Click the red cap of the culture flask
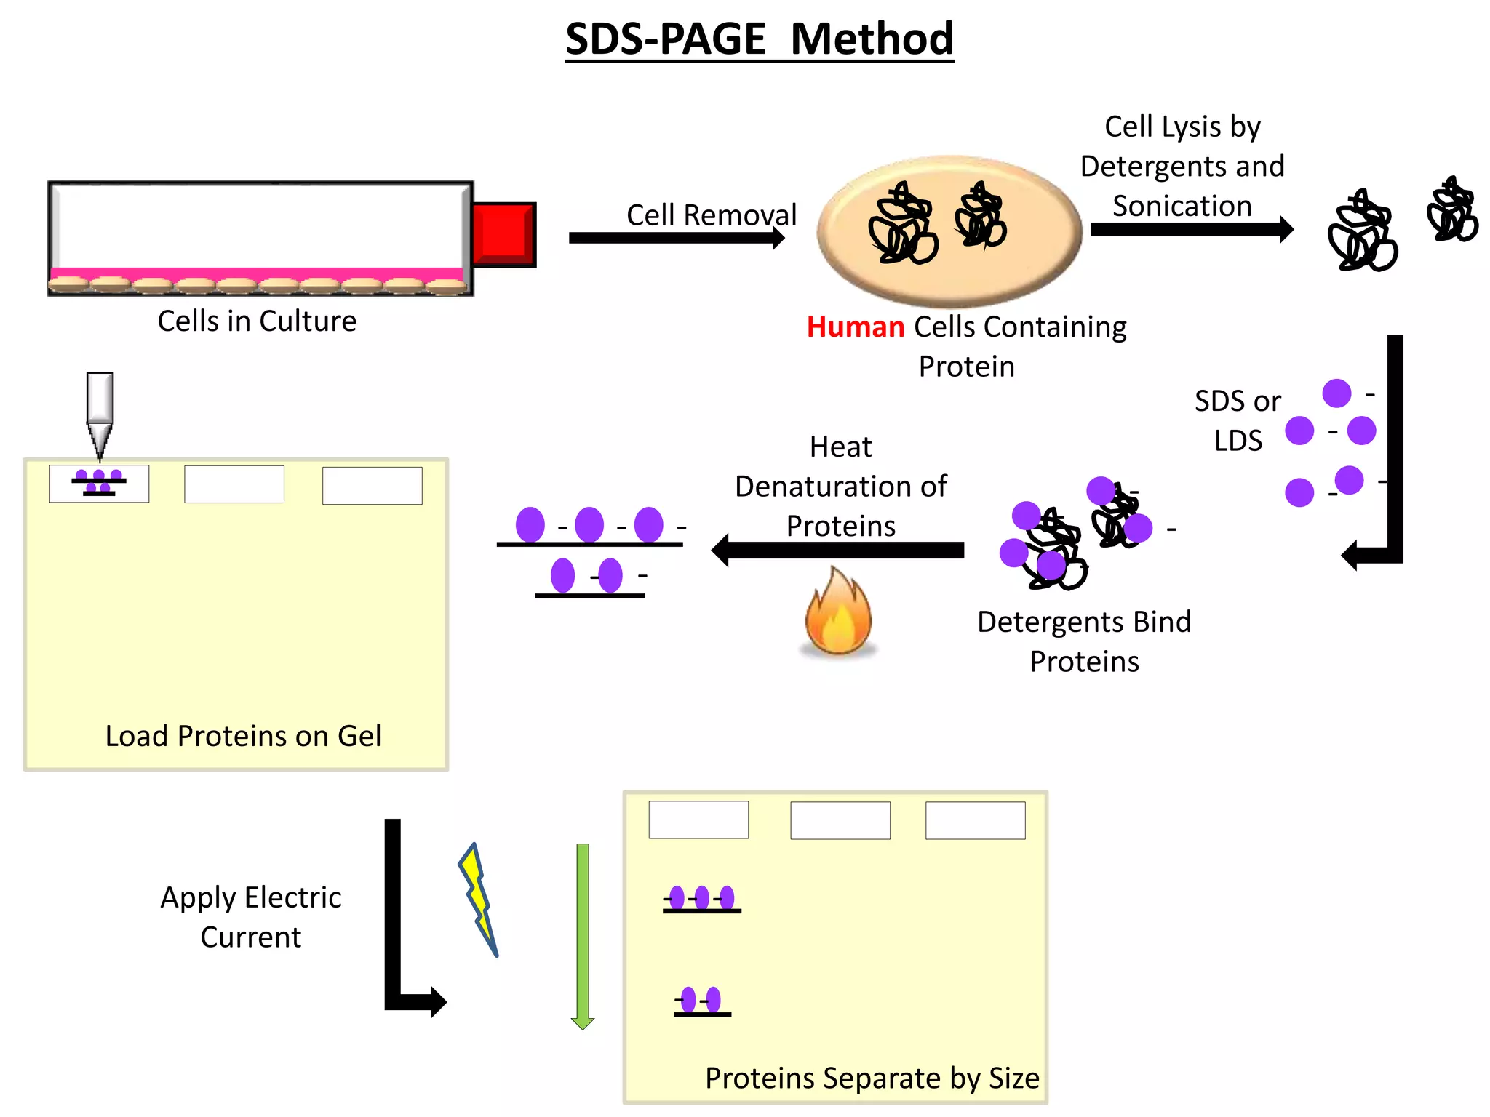[503, 234]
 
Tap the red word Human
[855, 327]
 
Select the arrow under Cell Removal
[676, 238]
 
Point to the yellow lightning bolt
[478, 899]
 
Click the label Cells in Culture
[257, 321]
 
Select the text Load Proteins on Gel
[243, 736]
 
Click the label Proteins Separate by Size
[872, 1078]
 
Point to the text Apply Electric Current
[250, 917]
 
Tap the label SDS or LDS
[1238, 420]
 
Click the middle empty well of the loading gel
[234, 484]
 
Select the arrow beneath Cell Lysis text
[1191, 229]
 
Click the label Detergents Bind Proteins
[1084, 641]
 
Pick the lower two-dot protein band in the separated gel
[701, 1002]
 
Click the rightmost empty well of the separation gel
[975, 820]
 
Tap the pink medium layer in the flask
[256, 273]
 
